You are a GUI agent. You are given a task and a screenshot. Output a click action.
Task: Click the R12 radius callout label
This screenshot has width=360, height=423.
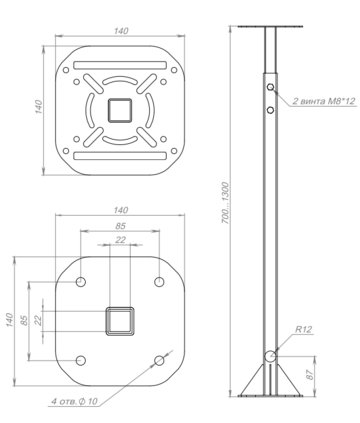click(303, 330)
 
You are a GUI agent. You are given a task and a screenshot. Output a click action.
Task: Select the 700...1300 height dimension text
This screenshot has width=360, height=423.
click(226, 203)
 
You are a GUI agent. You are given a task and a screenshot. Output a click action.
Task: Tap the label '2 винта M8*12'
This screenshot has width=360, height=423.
click(324, 101)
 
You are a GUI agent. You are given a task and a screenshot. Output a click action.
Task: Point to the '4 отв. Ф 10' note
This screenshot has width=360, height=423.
click(74, 401)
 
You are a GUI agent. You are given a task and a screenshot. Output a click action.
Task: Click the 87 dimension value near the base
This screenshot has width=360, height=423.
click(310, 375)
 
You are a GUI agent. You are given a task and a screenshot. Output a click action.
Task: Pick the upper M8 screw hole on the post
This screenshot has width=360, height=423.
click(270, 87)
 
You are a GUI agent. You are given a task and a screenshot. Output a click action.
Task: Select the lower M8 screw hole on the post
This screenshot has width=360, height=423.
click(270, 110)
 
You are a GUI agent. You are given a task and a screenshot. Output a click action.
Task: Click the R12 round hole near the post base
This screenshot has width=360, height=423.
click(270, 356)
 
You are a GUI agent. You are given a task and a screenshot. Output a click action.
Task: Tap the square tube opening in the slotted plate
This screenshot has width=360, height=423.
click(120, 110)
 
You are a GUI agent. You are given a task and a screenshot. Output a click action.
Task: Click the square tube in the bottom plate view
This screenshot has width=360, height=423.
click(120, 321)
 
